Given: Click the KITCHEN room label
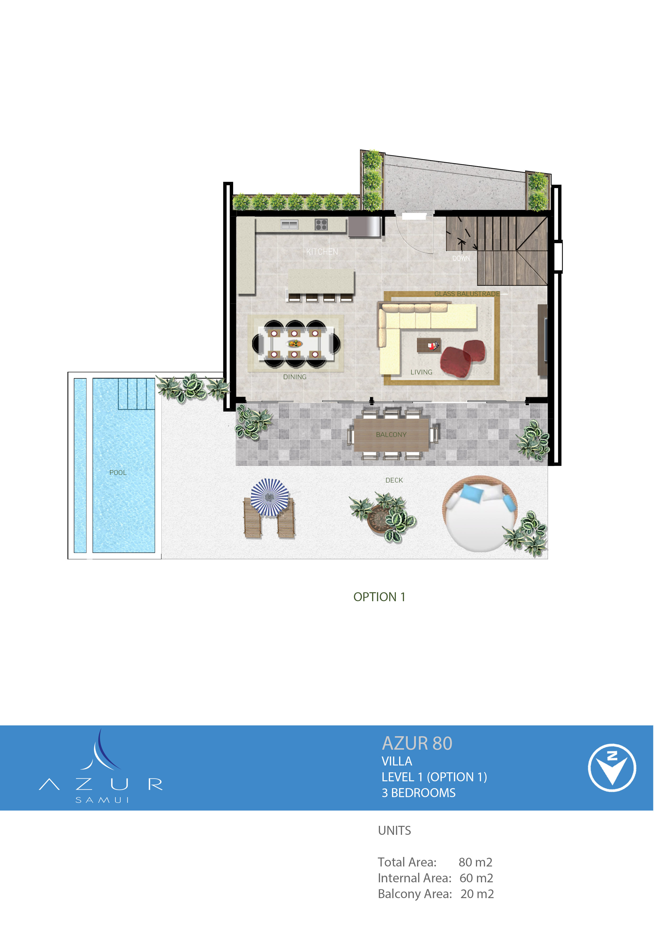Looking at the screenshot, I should (x=322, y=252).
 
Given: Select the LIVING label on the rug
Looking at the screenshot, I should (x=421, y=372).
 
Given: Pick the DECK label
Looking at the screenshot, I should (x=394, y=480).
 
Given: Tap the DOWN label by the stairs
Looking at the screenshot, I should (x=461, y=258).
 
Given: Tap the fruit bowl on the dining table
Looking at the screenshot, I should (x=295, y=344).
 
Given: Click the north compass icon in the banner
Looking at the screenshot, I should (x=612, y=768).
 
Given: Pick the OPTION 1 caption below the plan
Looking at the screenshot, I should (x=379, y=597).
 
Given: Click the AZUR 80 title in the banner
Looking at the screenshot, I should (x=417, y=743).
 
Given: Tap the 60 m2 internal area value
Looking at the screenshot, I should (x=476, y=878).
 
